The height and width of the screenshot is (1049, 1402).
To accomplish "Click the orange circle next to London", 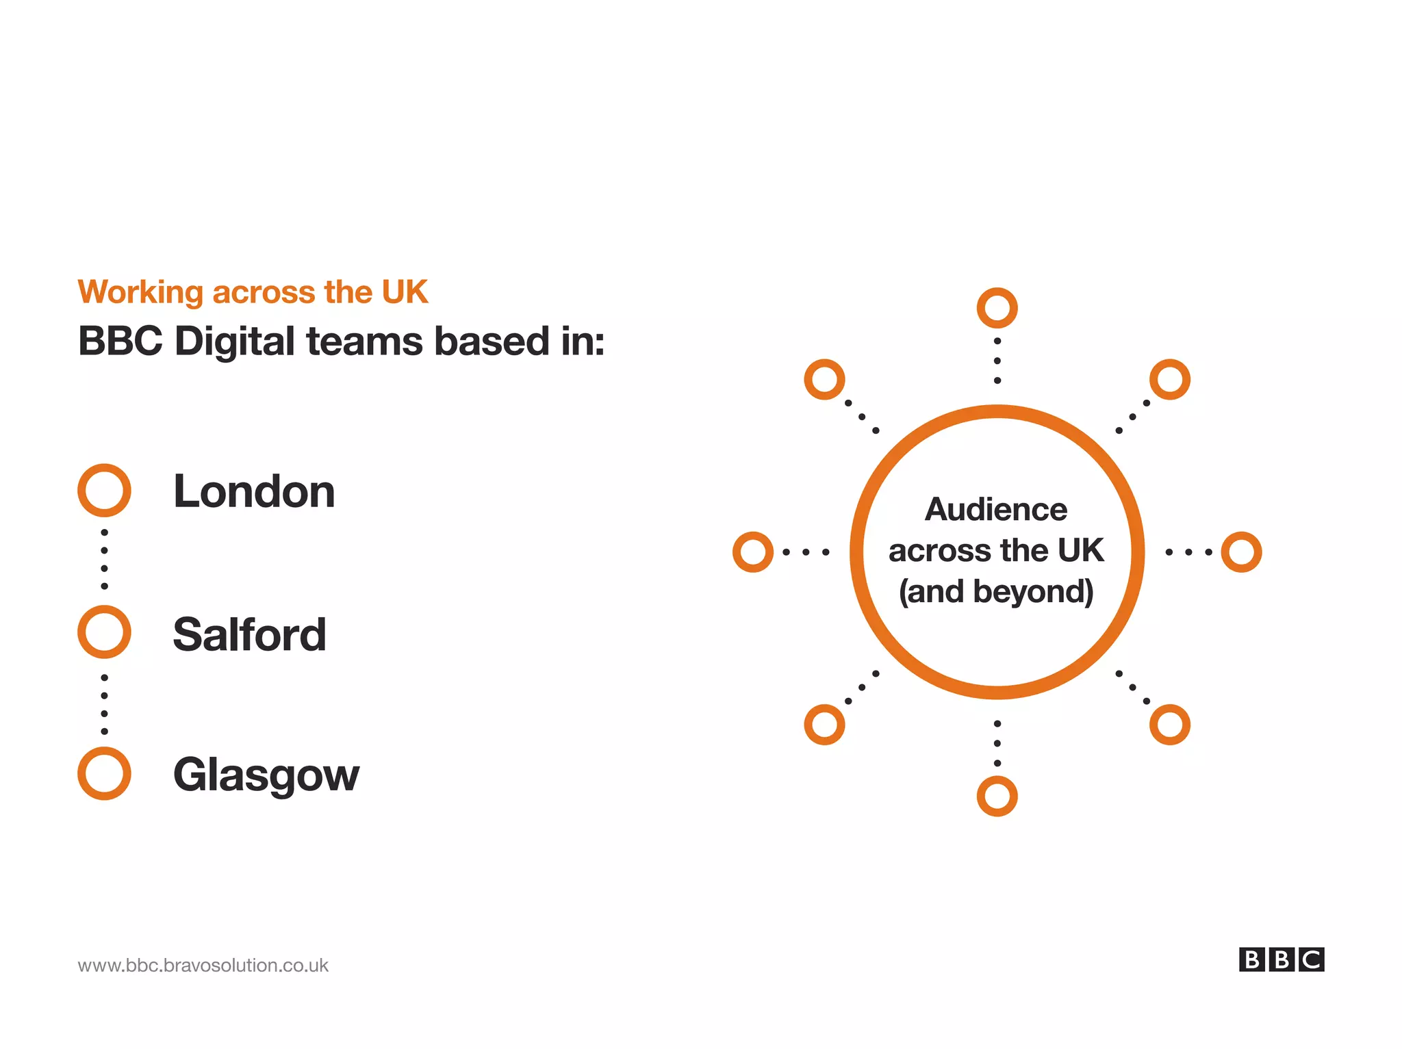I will click(x=104, y=491).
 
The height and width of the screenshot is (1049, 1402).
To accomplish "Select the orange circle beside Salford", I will click(x=104, y=632).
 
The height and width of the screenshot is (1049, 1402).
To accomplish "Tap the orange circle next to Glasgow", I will click(x=104, y=773).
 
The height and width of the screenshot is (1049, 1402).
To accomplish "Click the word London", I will click(x=254, y=491).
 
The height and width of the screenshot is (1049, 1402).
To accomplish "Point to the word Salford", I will click(x=249, y=634).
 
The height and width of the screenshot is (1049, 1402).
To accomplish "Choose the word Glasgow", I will click(x=266, y=775).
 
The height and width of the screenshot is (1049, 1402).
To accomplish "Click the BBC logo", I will click(x=1281, y=959).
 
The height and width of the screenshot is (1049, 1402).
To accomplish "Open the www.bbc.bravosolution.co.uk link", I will click(x=203, y=966).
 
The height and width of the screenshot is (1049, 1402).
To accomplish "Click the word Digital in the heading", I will click(x=234, y=341).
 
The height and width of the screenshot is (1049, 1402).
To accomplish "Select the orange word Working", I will click(x=140, y=292).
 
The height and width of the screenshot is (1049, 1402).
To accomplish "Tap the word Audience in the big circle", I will click(x=996, y=510).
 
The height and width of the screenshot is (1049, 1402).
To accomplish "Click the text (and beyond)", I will click(x=996, y=592).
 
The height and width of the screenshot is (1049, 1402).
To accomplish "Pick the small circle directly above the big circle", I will click(x=997, y=308).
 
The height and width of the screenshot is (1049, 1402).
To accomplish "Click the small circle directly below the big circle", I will click(x=997, y=796).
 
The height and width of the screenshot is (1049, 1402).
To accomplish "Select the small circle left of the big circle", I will click(x=753, y=552).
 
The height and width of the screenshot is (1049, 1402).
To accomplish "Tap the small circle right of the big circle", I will click(x=1241, y=552).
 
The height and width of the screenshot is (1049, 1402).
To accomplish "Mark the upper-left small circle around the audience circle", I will click(x=824, y=379).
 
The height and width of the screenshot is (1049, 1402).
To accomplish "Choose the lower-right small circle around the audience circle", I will click(x=1169, y=725).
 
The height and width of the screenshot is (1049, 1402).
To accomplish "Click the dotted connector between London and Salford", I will click(x=104, y=560).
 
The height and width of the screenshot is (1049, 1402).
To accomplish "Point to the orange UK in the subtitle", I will click(x=405, y=292).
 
